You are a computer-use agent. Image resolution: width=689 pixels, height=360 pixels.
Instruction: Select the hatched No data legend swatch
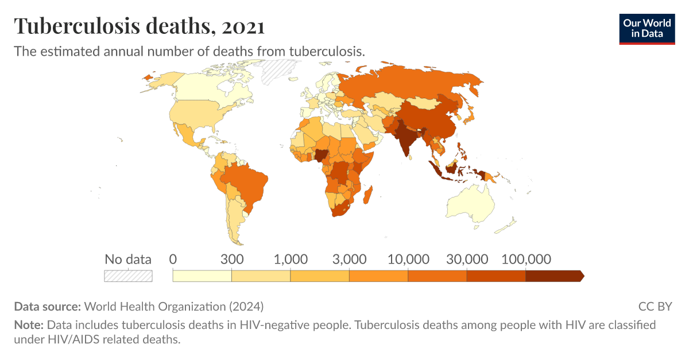[128, 276]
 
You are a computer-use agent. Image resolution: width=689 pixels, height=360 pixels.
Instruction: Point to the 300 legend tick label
[232, 259]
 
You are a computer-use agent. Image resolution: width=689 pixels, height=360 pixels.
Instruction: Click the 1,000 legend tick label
[291, 259]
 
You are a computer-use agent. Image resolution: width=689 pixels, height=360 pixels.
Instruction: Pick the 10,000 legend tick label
[408, 259]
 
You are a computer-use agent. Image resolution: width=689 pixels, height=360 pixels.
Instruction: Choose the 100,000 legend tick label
[526, 259]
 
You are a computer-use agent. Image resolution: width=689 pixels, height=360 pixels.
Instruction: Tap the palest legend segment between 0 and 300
[202, 276]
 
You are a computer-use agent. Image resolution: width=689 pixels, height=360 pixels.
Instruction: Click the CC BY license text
[655, 307]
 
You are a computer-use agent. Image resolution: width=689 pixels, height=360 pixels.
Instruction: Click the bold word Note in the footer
[28, 325]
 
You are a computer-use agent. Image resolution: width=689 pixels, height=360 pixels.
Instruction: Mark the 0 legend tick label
[173, 259]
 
